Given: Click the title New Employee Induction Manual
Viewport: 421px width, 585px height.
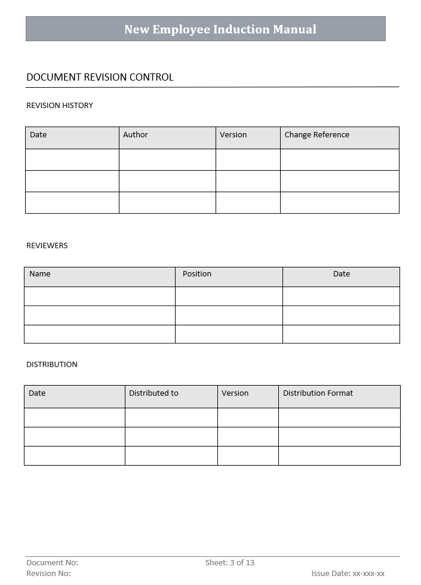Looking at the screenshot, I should (x=220, y=29).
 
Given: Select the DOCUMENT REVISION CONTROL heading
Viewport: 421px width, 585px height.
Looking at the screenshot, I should (x=100, y=77).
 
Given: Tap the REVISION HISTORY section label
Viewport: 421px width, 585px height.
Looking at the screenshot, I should (x=60, y=106).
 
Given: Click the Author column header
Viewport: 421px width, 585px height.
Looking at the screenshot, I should (x=136, y=135).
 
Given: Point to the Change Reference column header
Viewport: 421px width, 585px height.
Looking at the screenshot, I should (x=316, y=135).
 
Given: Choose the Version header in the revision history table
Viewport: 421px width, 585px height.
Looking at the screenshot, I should (x=233, y=135).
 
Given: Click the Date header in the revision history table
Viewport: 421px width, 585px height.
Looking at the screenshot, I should (x=38, y=135).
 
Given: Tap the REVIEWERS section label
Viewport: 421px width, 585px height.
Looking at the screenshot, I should (x=47, y=245).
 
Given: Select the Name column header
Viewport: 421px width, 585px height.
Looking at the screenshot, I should (x=40, y=274).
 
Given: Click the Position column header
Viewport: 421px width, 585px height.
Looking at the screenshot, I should (x=197, y=274).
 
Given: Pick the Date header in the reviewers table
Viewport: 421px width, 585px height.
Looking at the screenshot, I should (x=342, y=274).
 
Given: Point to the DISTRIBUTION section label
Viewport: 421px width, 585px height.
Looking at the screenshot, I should (x=52, y=364).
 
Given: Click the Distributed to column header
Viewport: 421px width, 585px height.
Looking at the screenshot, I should (x=153, y=393).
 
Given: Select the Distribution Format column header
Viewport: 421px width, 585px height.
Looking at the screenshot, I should (x=318, y=393).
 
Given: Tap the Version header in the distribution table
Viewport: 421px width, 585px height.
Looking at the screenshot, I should (x=235, y=393).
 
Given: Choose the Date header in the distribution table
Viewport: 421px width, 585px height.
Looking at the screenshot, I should (x=37, y=393).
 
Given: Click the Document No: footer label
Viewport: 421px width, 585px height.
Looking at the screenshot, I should (x=52, y=562).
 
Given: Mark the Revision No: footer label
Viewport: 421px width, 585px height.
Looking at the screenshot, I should (x=48, y=574).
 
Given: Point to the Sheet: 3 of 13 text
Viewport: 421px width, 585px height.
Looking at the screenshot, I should (x=230, y=562).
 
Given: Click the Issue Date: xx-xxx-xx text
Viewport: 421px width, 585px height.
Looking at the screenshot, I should (x=348, y=574).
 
